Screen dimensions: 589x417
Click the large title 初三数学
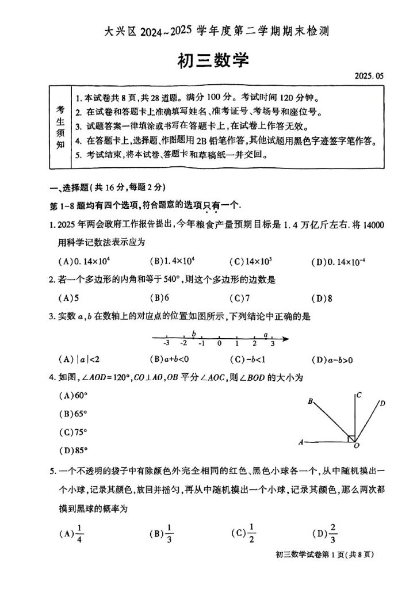[x=208, y=59]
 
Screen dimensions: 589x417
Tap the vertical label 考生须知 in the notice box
[x=60, y=127]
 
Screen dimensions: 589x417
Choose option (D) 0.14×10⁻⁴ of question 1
[x=339, y=262]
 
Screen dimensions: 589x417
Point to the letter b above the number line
[x=194, y=334]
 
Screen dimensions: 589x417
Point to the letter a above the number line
[x=265, y=334]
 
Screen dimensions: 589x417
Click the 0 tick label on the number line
[x=219, y=343]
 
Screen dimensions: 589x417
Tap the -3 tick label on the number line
[x=166, y=343]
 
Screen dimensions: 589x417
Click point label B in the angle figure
[x=310, y=401]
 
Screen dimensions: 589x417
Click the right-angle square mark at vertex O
[x=352, y=439]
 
